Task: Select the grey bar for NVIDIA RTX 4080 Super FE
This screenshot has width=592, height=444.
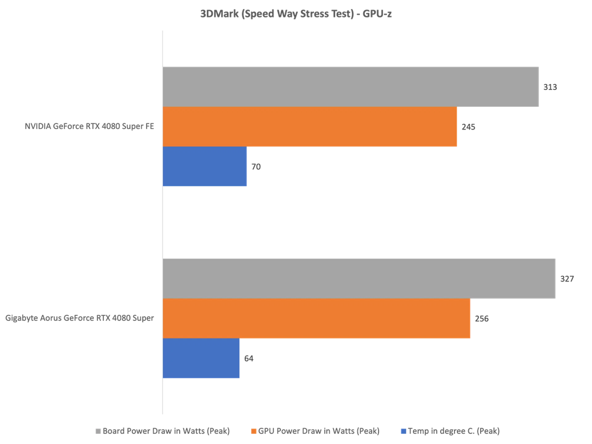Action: [x=351, y=87]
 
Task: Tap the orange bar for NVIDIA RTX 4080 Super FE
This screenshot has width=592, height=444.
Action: [x=310, y=127]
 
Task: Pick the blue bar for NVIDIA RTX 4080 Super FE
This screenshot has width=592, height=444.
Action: [x=205, y=166]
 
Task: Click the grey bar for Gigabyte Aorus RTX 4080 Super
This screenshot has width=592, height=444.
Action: [x=360, y=278]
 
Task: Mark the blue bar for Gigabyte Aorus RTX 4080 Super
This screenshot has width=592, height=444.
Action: [x=201, y=359]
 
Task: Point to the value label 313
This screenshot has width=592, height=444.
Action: [x=551, y=88]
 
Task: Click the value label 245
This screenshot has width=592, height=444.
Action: [x=468, y=127]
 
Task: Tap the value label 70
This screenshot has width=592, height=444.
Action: [x=257, y=167]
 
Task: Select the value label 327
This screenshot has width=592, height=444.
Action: [x=567, y=279]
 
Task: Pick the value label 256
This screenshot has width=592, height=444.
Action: [x=481, y=319]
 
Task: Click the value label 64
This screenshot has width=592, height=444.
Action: [x=249, y=358]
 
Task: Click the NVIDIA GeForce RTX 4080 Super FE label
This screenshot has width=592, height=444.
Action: [x=90, y=127]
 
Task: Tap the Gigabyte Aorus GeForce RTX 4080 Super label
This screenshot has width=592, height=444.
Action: [x=80, y=319]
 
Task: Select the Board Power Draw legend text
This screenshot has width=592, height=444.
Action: [x=166, y=431]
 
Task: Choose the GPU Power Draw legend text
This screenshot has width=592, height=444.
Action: [x=319, y=431]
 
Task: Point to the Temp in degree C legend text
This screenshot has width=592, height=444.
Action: [x=454, y=431]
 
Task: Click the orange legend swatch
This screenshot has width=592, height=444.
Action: [x=253, y=431]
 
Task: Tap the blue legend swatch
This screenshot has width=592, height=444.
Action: [x=403, y=431]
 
